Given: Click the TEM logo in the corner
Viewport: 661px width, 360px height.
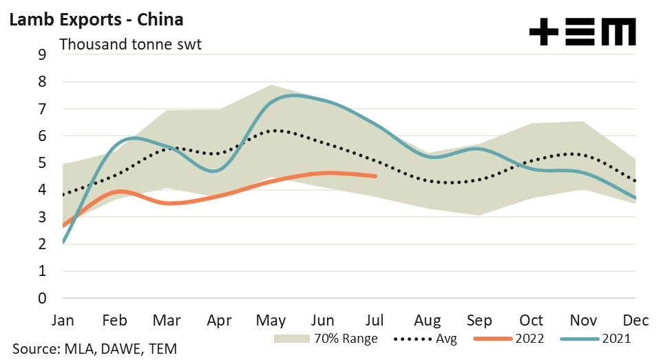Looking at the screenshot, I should [x=582, y=32].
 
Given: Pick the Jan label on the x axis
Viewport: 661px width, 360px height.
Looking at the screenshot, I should [x=63, y=320].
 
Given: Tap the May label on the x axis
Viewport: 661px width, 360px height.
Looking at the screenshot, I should [x=271, y=320].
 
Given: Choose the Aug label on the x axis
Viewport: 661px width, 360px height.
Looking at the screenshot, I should [x=428, y=320].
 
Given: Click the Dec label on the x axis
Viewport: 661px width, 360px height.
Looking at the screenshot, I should [x=633, y=320].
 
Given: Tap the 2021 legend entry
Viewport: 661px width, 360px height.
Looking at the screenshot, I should [x=616, y=339].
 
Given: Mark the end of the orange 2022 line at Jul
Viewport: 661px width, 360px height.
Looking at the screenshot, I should [x=375, y=176].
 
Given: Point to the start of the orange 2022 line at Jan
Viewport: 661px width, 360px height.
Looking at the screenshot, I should [x=63, y=226].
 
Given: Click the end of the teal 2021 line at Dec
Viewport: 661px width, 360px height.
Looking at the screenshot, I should [x=633, y=198].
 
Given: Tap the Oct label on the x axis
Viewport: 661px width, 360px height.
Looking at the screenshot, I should [x=532, y=320].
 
